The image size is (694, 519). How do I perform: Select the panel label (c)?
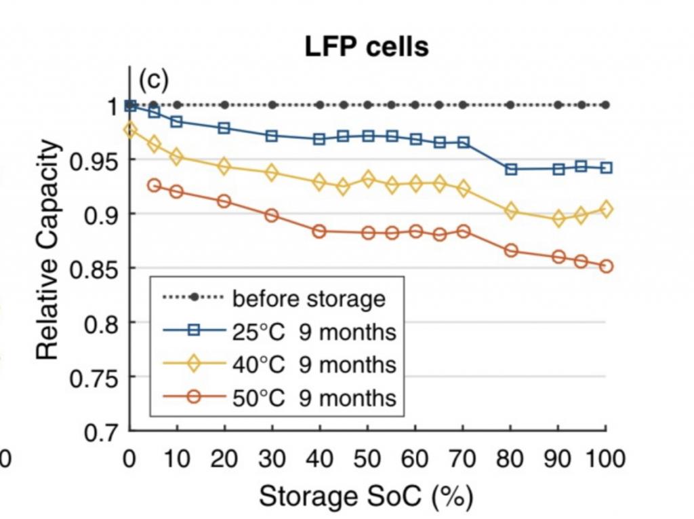[x=153, y=80]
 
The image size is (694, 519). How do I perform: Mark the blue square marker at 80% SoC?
[x=511, y=169]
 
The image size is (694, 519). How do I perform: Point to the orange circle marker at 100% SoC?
[x=606, y=266]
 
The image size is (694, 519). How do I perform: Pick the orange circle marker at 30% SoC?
[x=272, y=215]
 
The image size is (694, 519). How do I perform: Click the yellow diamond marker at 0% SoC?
[x=129, y=130]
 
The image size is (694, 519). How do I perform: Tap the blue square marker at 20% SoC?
[x=224, y=128]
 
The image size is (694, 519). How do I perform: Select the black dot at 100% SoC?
[x=606, y=105]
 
